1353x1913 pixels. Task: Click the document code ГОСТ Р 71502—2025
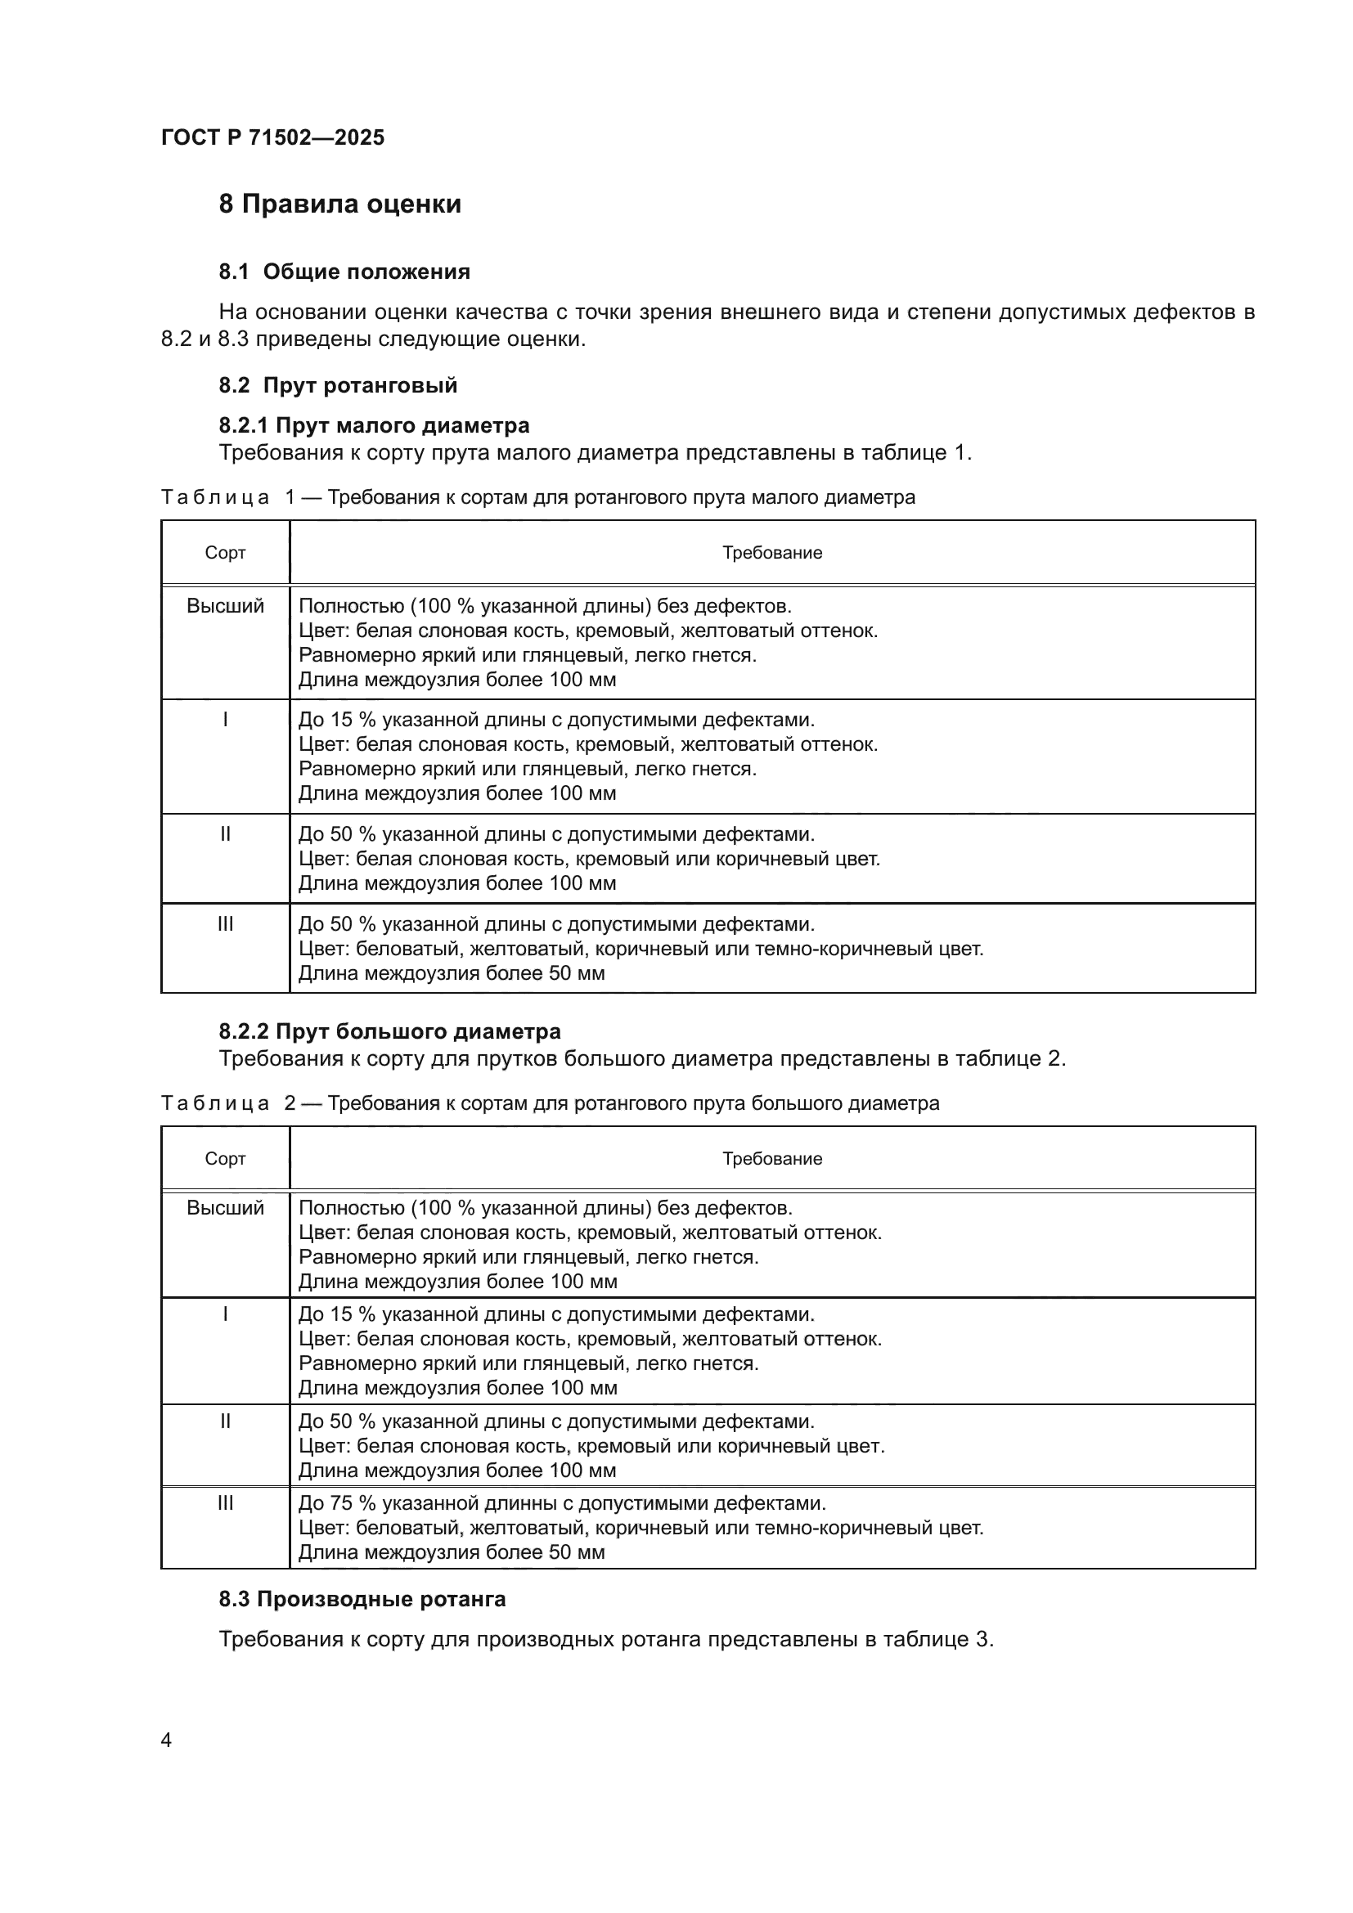pos(272,137)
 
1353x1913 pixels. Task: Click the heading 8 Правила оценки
pos(340,204)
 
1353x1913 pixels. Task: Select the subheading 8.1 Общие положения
pos(344,272)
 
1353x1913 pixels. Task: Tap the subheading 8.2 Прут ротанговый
pos(339,385)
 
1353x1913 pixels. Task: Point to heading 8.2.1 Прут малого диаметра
pos(374,425)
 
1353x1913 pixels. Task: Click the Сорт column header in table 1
pos(225,552)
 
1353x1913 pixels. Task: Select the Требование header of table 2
pos(771,1158)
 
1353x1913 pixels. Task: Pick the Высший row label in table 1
pos(225,606)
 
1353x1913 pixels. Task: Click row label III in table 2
pos(225,1503)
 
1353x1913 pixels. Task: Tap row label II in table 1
pos(225,834)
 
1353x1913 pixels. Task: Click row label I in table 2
pos(225,1314)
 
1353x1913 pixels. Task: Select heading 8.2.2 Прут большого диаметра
pos(390,1031)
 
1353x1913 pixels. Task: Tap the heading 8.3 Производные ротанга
pos(362,1599)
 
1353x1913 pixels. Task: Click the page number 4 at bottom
pos(166,1740)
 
